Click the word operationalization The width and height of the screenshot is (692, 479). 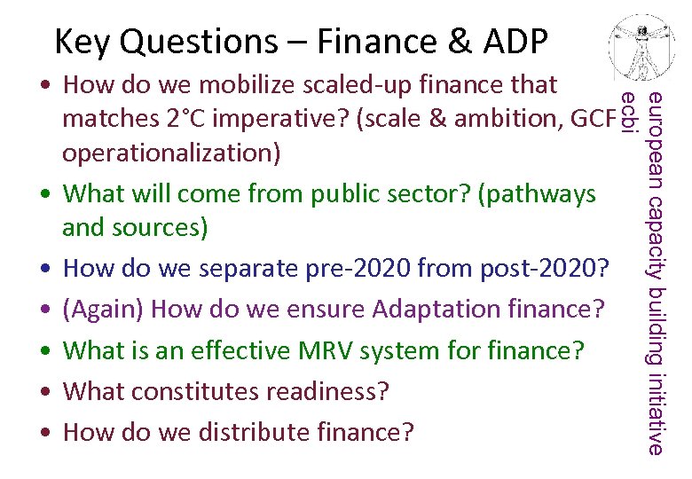coord(170,153)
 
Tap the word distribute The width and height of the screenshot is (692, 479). coord(249,432)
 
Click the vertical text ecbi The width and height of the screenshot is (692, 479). coord(628,113)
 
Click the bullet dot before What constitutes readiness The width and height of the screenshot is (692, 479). coord(44,391)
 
